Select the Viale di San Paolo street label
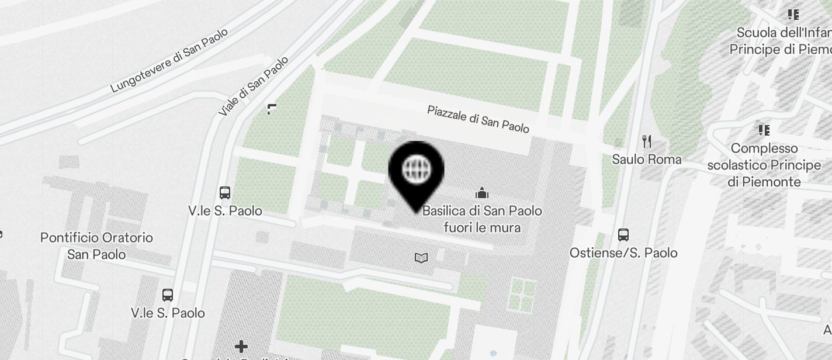(x=254, y=86)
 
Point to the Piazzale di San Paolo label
(x=478, y=119)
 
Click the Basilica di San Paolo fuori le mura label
(x=482, y=219)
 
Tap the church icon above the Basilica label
(x=482, y=192)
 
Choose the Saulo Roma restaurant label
(x=646, y=159)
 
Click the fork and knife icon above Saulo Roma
(x=646, y=141)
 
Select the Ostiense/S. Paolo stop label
(x=623, y=252)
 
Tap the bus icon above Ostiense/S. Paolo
(x=623, y=235)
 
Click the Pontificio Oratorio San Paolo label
(x=96, y=246)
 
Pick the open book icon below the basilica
(x=421, y=258)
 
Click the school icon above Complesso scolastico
(x=763, y=130)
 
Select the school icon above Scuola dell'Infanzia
(x=793, y=14)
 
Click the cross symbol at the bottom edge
(x=241, y=347)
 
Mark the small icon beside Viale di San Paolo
(x=272, y=109)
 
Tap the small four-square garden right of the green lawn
(x=522, y=294)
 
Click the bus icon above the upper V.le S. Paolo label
(x=225, y=192)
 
